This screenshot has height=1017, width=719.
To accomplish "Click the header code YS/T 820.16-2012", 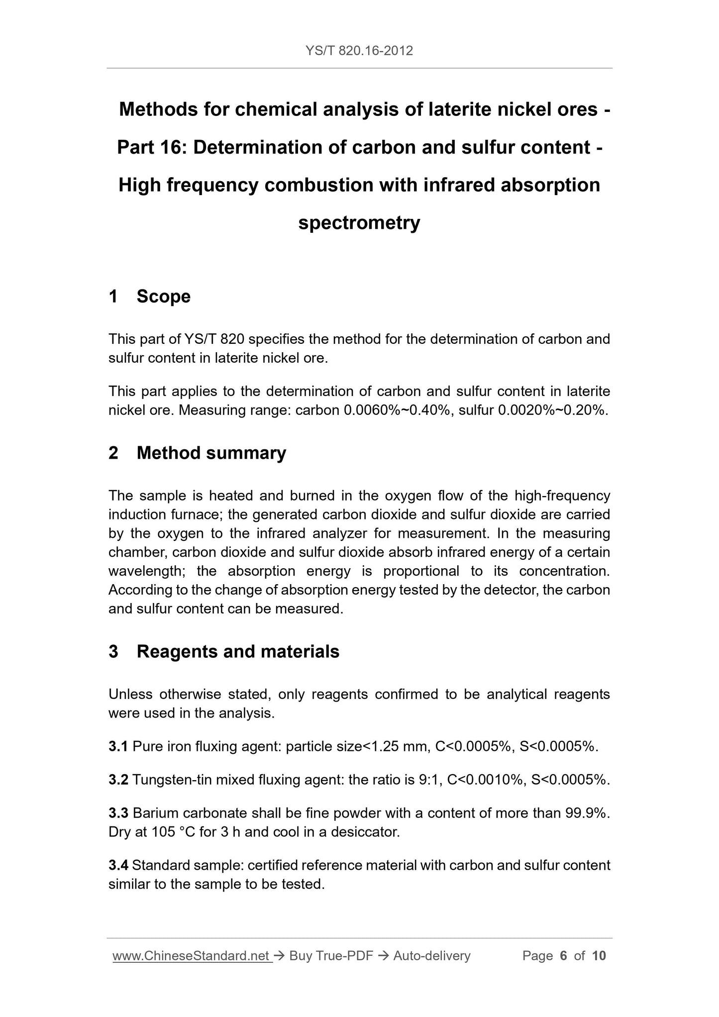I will click(x=359, y=51).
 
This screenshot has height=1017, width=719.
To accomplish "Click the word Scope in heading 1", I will click(x=163, y=297).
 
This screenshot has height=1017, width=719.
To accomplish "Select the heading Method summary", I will click(x=211, y=453).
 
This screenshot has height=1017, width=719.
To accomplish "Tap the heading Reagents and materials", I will click(x=238, y=651).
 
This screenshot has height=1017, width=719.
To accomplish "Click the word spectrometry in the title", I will click(x=359, y=222).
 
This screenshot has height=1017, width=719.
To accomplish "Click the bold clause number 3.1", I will click(x=118, y=746).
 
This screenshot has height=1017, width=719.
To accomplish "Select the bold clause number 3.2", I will click(x=118, y=780).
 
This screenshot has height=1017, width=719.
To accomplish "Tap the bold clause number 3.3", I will click(x=118, y=813).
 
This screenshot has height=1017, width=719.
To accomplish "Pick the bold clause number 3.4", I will click(x=118, y=865).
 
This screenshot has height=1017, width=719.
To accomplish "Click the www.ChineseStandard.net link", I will click(x=193, y=956).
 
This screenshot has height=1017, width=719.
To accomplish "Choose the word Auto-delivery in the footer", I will click(x=431, y=956).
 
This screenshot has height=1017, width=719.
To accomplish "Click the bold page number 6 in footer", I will click(x=563, y=956).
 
